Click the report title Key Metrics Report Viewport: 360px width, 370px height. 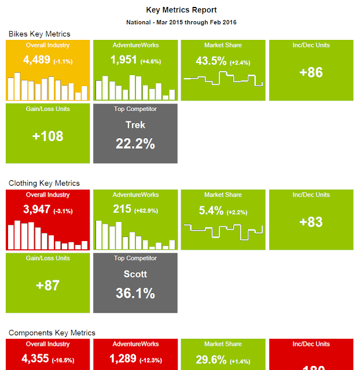coord(181,10)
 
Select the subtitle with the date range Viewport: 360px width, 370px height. coord(181,23)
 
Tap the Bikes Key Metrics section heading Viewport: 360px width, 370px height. coord(39,34)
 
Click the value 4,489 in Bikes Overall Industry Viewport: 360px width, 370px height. coord(36,60)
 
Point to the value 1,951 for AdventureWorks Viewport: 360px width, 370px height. coord(124,60)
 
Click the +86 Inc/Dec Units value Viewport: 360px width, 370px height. coord(311,73)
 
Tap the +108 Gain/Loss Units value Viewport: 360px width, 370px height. coord(47,136)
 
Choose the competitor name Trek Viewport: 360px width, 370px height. coord(135,125)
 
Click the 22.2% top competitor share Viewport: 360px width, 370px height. coord(135,144)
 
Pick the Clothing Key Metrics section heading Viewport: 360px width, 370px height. coord(44,183)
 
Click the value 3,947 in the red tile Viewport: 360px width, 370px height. coord(36,210)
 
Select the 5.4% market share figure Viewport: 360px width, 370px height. coord(211,211)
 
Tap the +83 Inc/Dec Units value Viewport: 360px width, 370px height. coord(311,222)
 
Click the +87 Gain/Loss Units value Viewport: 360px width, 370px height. coord(47,286)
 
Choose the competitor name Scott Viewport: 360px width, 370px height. coord(135,274)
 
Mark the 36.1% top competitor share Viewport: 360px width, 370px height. coord(135,293)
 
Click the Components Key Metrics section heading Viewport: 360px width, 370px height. coord(52,333)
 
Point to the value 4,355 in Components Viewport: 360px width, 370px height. coord(36,359)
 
